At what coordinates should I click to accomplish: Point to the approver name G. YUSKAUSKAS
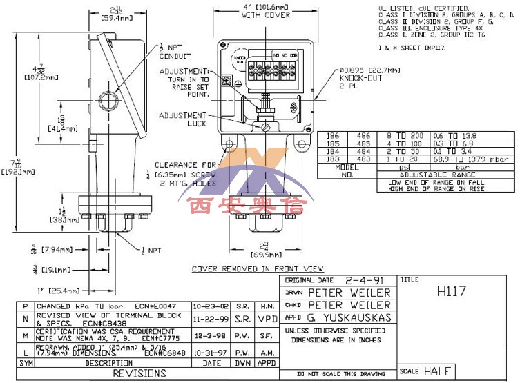click(349, 317)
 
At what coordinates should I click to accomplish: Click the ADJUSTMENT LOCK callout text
click(186, 119)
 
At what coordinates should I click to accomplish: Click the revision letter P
click(26, 306)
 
